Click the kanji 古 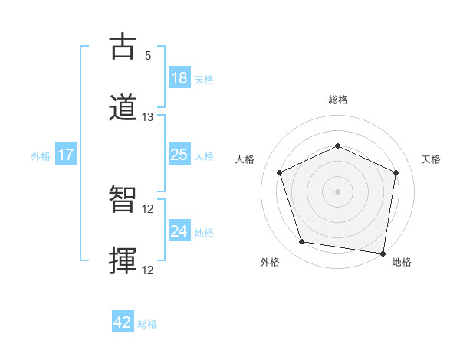[124, 47]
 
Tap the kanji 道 [124, 107]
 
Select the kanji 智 [124, 200]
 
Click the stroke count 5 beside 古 [148, 56]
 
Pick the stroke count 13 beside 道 [148, 117]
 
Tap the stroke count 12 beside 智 [149, 209]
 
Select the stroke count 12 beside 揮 [149, 270]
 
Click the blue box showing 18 [179, 77]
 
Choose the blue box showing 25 [179, 155]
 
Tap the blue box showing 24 [179, 231]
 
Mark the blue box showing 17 [66, 155]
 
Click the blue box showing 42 [123, 322]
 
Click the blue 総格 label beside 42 [147, 324]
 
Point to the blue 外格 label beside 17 [41, 155]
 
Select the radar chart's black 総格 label [338, 100]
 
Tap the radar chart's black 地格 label [402, 262]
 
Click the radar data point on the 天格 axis [396, 172]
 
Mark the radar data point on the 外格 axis [302, 242]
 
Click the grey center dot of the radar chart [337, 191]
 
